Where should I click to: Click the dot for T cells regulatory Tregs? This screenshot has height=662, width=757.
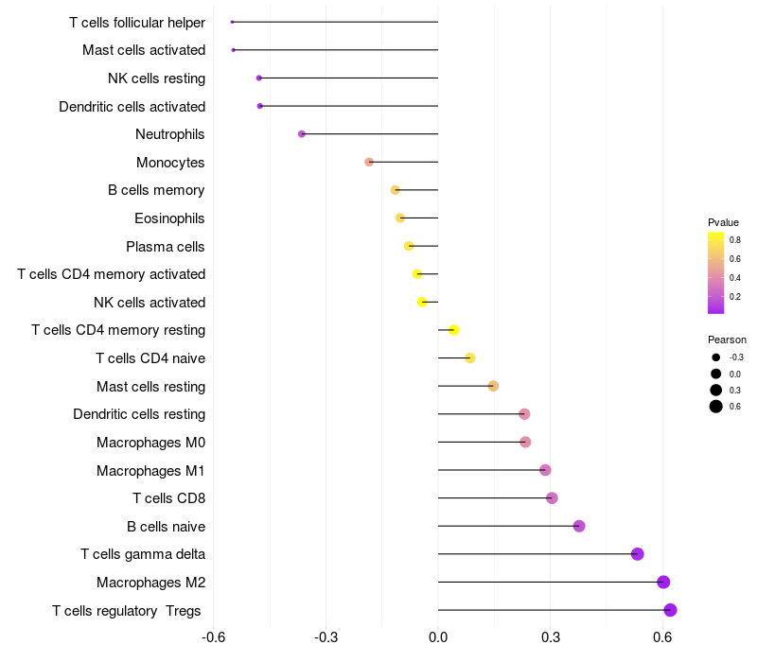point(670,610)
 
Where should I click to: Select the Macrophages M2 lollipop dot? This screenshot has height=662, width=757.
point(663,583)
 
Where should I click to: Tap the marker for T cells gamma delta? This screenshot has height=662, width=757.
point(637,554)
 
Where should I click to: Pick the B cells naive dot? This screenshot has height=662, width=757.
point(579,526)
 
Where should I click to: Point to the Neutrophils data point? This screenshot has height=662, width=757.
point(302,134)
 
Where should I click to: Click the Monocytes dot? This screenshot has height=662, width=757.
point(369,163)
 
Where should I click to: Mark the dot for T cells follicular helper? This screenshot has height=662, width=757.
point(232,22)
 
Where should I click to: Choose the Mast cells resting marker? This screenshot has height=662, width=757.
point(493,386)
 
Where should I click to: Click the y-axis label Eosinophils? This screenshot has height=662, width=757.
point(169,218)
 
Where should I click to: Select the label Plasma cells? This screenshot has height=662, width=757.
point(165,247)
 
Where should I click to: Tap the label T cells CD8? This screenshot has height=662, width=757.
point(168,498)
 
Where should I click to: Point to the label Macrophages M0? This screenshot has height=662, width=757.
point(150,443)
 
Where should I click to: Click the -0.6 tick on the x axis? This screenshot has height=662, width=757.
point(214,637)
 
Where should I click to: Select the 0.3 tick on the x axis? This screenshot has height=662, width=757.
point(551,637)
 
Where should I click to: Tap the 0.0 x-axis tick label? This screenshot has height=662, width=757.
point(438,637)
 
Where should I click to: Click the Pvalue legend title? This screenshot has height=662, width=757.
point(723,222)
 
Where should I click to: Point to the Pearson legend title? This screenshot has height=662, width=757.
point(727,340)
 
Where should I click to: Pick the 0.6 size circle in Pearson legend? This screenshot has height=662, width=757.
point(716,407)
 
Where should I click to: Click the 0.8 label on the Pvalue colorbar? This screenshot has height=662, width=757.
point(735,240)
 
